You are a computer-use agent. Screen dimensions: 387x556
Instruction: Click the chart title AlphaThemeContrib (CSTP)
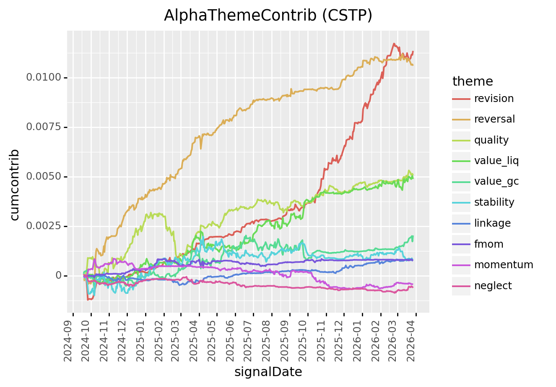(268, 16)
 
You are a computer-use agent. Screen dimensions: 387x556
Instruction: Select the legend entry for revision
(494, 99)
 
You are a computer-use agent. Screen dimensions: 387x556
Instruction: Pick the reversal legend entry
(494, 119)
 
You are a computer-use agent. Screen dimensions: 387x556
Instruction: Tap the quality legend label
(491, 140)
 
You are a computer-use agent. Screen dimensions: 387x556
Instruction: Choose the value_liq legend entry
(496, 161)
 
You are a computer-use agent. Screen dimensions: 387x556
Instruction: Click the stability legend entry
(494, 202)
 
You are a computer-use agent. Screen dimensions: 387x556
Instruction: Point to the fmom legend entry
(488, 244)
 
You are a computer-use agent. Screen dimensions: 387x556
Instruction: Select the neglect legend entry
(493, 286)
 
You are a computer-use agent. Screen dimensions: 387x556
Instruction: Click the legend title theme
(473, 81)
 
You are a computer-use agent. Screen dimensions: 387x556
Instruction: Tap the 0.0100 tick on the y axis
(44, 78)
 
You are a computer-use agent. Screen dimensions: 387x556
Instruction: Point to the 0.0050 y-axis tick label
(44, 177)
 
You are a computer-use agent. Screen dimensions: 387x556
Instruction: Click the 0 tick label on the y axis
(58, 276)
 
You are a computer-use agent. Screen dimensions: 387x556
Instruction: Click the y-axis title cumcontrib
(15, 184)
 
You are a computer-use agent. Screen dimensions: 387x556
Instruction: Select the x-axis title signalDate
(268, 372)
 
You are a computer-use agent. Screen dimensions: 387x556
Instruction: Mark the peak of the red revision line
(394, 43)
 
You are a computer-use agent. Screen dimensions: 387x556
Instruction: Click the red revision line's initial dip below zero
(88, 300)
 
